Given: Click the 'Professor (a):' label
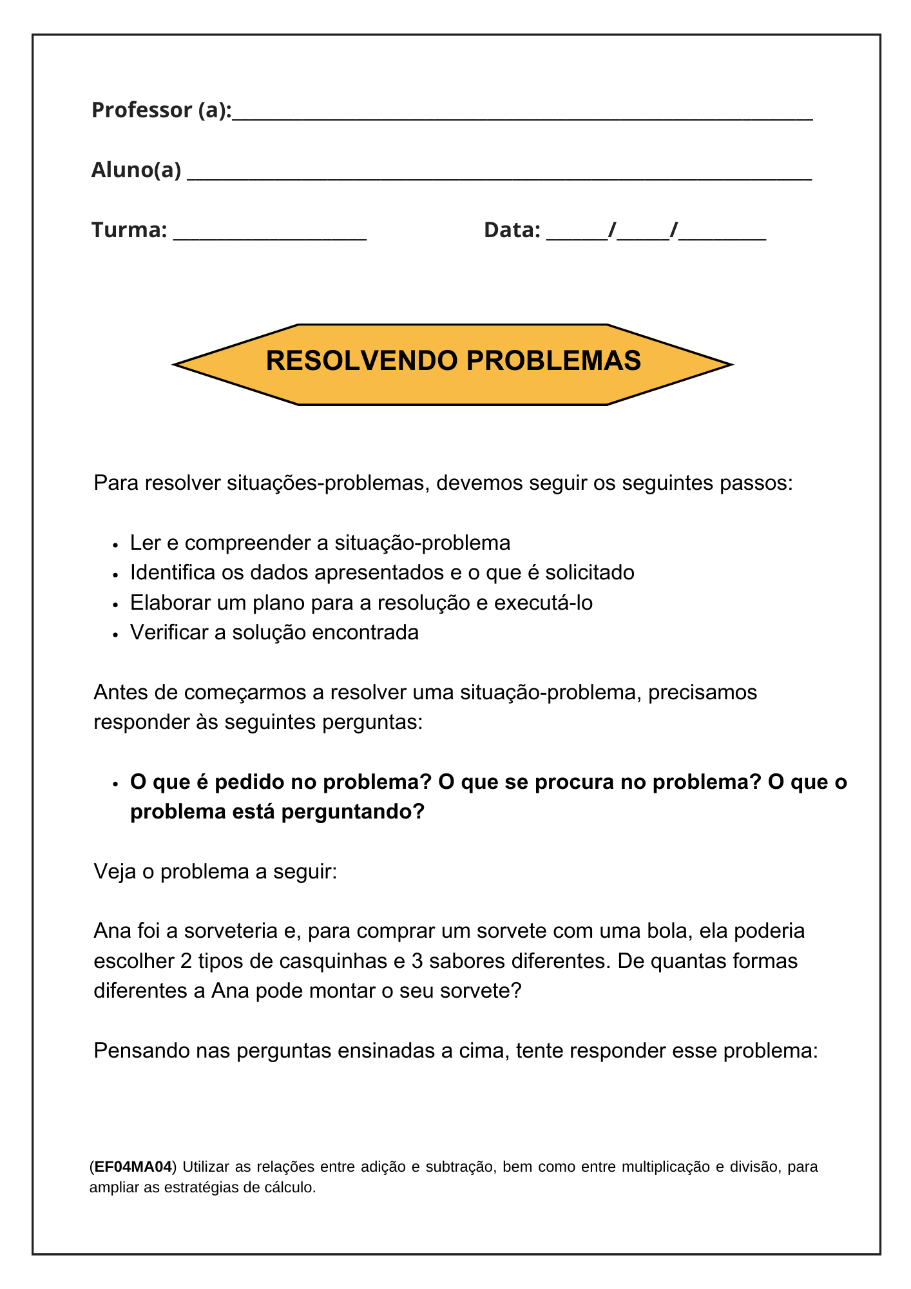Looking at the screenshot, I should pos(161,110).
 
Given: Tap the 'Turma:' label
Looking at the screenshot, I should pos(129,230).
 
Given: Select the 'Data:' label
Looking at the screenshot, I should pos(512,230).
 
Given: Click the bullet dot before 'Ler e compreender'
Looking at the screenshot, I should pos(115,545).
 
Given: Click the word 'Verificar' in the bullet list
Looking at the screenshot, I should pos(169,632).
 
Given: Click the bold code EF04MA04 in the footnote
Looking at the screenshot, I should pos(133,1167).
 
